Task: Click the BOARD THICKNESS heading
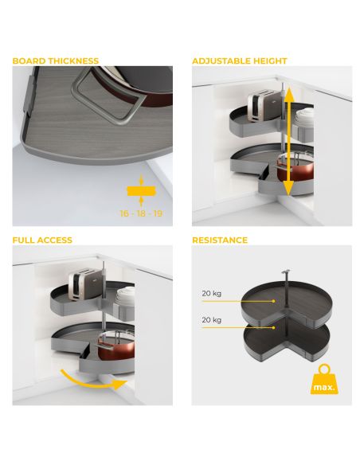[56, 61]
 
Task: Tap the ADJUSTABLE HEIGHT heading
[240, 61]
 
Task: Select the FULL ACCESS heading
[42, 240]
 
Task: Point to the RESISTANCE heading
[220, 240]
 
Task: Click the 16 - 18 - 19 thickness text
[141, 213]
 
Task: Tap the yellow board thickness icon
[141, 190]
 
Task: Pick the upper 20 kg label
[211, 293]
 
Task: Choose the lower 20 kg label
[211, 320]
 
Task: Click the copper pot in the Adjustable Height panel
[295, 170]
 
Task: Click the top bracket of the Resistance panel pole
[286, 272]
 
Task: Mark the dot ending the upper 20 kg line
[274, 301]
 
